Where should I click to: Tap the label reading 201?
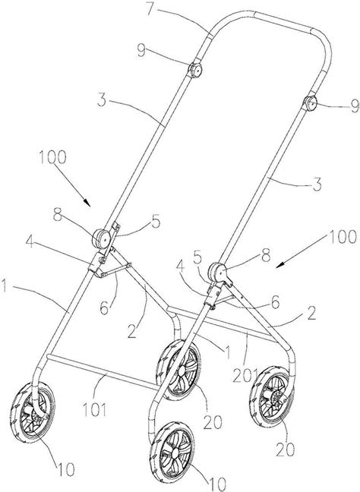point(245,376)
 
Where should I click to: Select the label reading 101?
point(94,409)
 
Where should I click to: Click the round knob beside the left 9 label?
point(194,71)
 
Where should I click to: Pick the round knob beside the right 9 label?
point(310,103)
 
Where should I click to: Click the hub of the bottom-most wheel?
point(175,453)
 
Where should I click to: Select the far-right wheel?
point(273,397)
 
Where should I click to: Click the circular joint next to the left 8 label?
point(101,239)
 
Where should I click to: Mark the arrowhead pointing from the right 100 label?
point(280,265)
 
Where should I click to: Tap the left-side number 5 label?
point(156,222)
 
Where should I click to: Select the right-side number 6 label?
point(275,302)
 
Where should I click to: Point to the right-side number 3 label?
point(317,184)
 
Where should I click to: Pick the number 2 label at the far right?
point(311,313)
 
